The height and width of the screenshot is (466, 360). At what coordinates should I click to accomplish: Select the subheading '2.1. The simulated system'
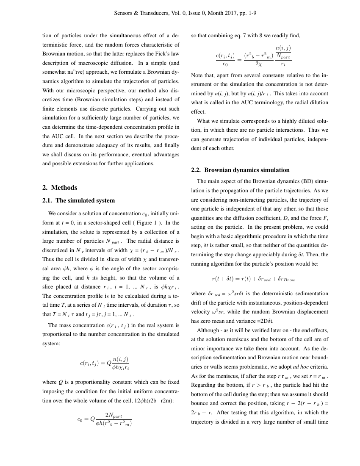click(79, 200)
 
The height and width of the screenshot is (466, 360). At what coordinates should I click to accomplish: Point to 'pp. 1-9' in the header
click(246, 13)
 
